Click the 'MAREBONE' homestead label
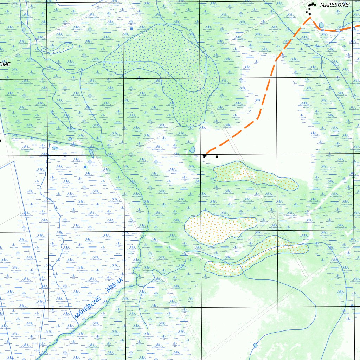(x=334, y=5)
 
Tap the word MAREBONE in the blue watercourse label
(x=88, y=308)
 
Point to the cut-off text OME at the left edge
(x=5, y=64)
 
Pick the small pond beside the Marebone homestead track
(x=321, y=25)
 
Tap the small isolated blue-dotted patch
(x=58, y=48)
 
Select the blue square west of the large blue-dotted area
(x=131, y=28)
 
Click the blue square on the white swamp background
(x=85, y=167)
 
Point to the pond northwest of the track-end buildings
(x=192, y=150)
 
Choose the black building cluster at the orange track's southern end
(x=205, y=155)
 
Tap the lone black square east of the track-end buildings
(x=217, y=156)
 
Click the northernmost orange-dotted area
(x=253, y=175)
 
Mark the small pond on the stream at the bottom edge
(x=255, y=345)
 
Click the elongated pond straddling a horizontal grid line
(x=92, y=153)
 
